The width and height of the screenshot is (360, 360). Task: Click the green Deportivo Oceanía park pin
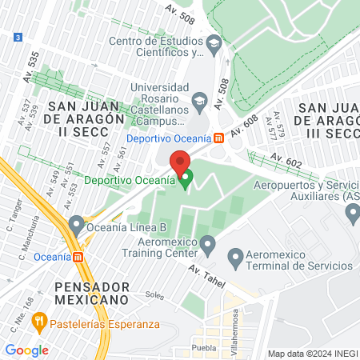pos(186,178)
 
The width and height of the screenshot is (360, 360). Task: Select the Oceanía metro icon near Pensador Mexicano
pos(78,257)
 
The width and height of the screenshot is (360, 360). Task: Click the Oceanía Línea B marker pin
pos(77,223)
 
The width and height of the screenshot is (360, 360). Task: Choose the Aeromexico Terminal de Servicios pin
pos(235,258)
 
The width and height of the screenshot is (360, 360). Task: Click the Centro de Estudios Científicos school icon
pos(214,46)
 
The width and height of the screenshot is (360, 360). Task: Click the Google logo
pos(26,350)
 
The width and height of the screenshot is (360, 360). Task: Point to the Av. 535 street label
pos(33,58)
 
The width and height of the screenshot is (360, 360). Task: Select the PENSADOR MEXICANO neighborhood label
pos(81,292)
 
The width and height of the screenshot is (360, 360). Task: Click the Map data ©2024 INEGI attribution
pos(311,354)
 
